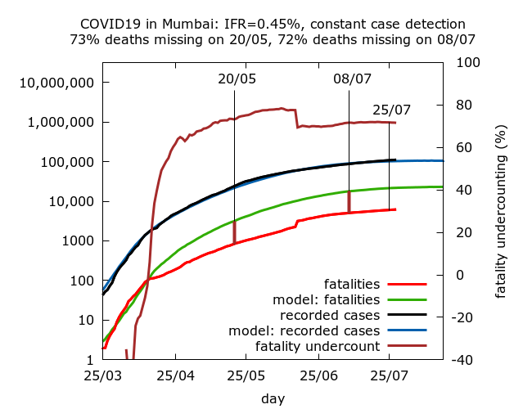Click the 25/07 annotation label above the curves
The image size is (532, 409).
tap(391, 110)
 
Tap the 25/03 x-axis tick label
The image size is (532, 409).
tap(102, 377)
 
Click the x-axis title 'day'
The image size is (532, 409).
tap(273, 398)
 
